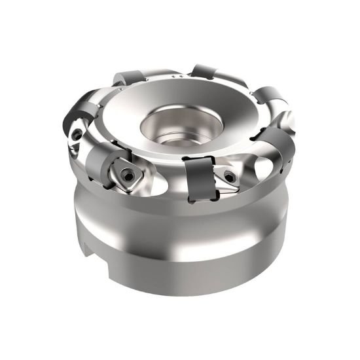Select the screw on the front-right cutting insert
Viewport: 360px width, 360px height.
[x=228, y=175]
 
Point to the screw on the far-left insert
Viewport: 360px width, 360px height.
[x=78, y=134]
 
